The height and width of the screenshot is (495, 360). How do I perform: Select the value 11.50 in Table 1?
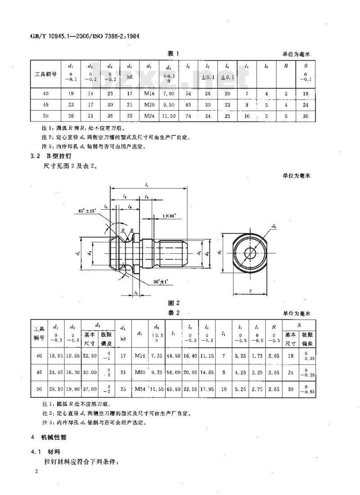[x=168, y=116]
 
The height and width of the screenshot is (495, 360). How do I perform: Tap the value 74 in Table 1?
[x=188, y=116]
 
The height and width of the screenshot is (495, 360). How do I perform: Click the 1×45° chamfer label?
[x=172, y=216]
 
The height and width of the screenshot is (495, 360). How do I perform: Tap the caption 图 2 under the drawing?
[x=174, y=303]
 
